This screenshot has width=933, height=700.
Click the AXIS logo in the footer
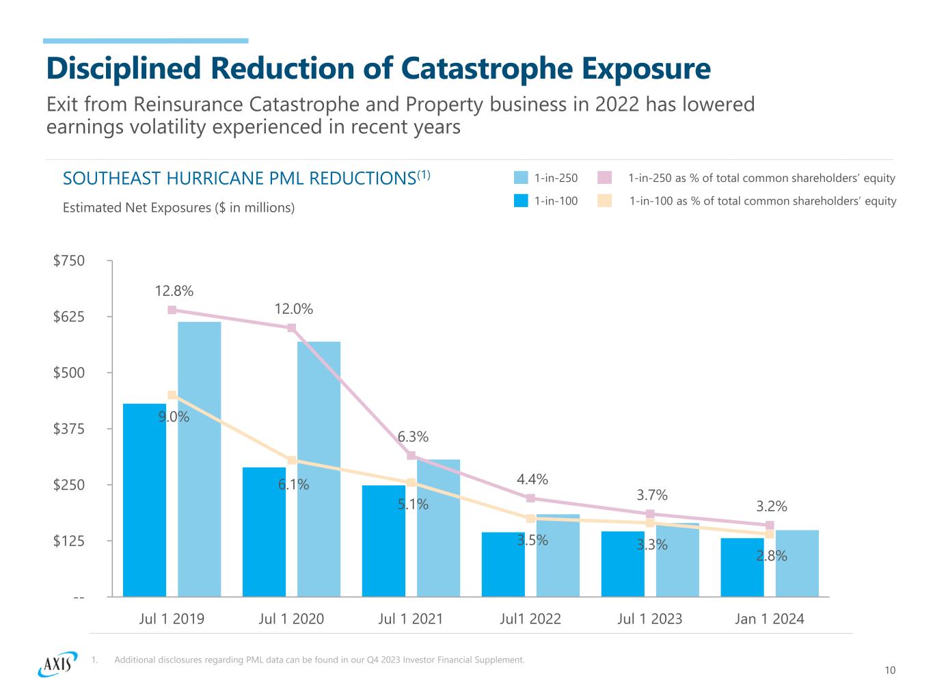pyautogui.click(x=55, y=663)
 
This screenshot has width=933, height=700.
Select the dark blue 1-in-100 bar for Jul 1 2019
pyautogui.click(x=144, y=500)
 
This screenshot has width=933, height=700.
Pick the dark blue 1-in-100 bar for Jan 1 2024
pyautogui.click(x=742, y=567)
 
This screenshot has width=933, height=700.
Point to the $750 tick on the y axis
pyautogui.click(x=69, y=260)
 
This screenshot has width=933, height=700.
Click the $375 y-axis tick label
pyautogui.click(x=69, y=429)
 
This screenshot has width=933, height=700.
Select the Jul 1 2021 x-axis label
pyautogui.click(x=410, y=619)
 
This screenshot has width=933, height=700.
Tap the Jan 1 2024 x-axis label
pyautogui.click(x=769, y=619)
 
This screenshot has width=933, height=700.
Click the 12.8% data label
pyautogui.click(x=174, y=291)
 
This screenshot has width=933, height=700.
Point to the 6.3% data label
pyautogui.click(x=413, y=436)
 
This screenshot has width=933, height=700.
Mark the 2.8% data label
pyautogui.click(x=771, y=556)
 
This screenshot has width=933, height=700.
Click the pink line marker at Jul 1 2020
pyautogui.click(x=292, y=328)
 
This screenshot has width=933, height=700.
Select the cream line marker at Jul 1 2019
pyautogui.click(x=172, y=395)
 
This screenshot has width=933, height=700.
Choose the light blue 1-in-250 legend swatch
pyautogui.click(x=521, y=178)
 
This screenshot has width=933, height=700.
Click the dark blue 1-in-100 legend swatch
pyautogui.click(x=521, y=201)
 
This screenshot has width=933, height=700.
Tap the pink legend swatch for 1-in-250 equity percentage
pyautogui.click(x=604, y=178)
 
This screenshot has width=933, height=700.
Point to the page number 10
pyautogui.click(x=889, y=671)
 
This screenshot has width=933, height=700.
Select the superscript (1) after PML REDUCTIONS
pyautogui.click(x=424, y=174)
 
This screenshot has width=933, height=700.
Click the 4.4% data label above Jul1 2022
pyautogui.click(x=532, y=479)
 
